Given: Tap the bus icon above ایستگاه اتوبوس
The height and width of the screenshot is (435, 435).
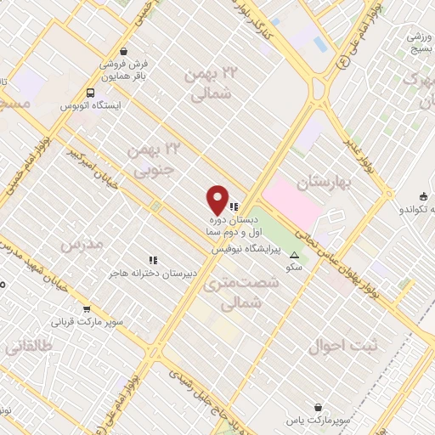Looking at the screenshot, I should (x=90, y=93).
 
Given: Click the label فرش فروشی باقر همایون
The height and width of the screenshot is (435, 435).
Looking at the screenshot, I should (x=125, y=69).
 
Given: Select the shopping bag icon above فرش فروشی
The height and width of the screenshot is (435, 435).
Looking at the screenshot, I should (x=125, y=50).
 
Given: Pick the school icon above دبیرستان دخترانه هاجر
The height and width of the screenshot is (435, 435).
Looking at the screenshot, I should (x=153, y=260).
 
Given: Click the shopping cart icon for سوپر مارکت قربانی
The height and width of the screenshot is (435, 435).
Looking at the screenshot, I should (x=87, y=309).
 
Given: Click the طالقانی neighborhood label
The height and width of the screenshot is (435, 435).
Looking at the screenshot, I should (x=28, y=347).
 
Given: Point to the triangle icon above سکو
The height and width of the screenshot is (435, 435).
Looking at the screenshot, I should (x=295, y=255).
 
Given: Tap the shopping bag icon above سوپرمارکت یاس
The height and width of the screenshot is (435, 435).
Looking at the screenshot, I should (x=318, y=408).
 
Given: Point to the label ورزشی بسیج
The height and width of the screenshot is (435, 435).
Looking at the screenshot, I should (x=420, y=43).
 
